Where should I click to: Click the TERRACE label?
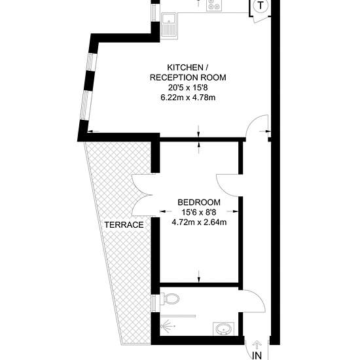(x=124, y=225)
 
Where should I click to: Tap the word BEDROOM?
(x=199, y=202)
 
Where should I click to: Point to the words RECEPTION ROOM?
(x=188, y=78)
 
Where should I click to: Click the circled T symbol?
(x=261, y=5)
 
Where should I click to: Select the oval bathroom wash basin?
(x=223, y=329)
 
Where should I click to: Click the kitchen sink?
(x=169, y=25)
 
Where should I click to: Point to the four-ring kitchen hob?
(x=214, y=5)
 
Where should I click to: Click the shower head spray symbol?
(x=167, y=326)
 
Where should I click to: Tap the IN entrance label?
(x=257, y=355)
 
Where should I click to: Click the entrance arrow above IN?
(x=256, y=346)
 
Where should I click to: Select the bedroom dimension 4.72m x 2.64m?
(x=199, y=223)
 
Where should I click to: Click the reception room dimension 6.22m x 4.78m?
(x=188, y=98)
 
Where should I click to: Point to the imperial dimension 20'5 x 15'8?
(x=188, y=88)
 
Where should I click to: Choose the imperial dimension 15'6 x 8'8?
(x=199, y=212)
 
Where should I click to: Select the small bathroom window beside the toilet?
(x=155, y=303)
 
